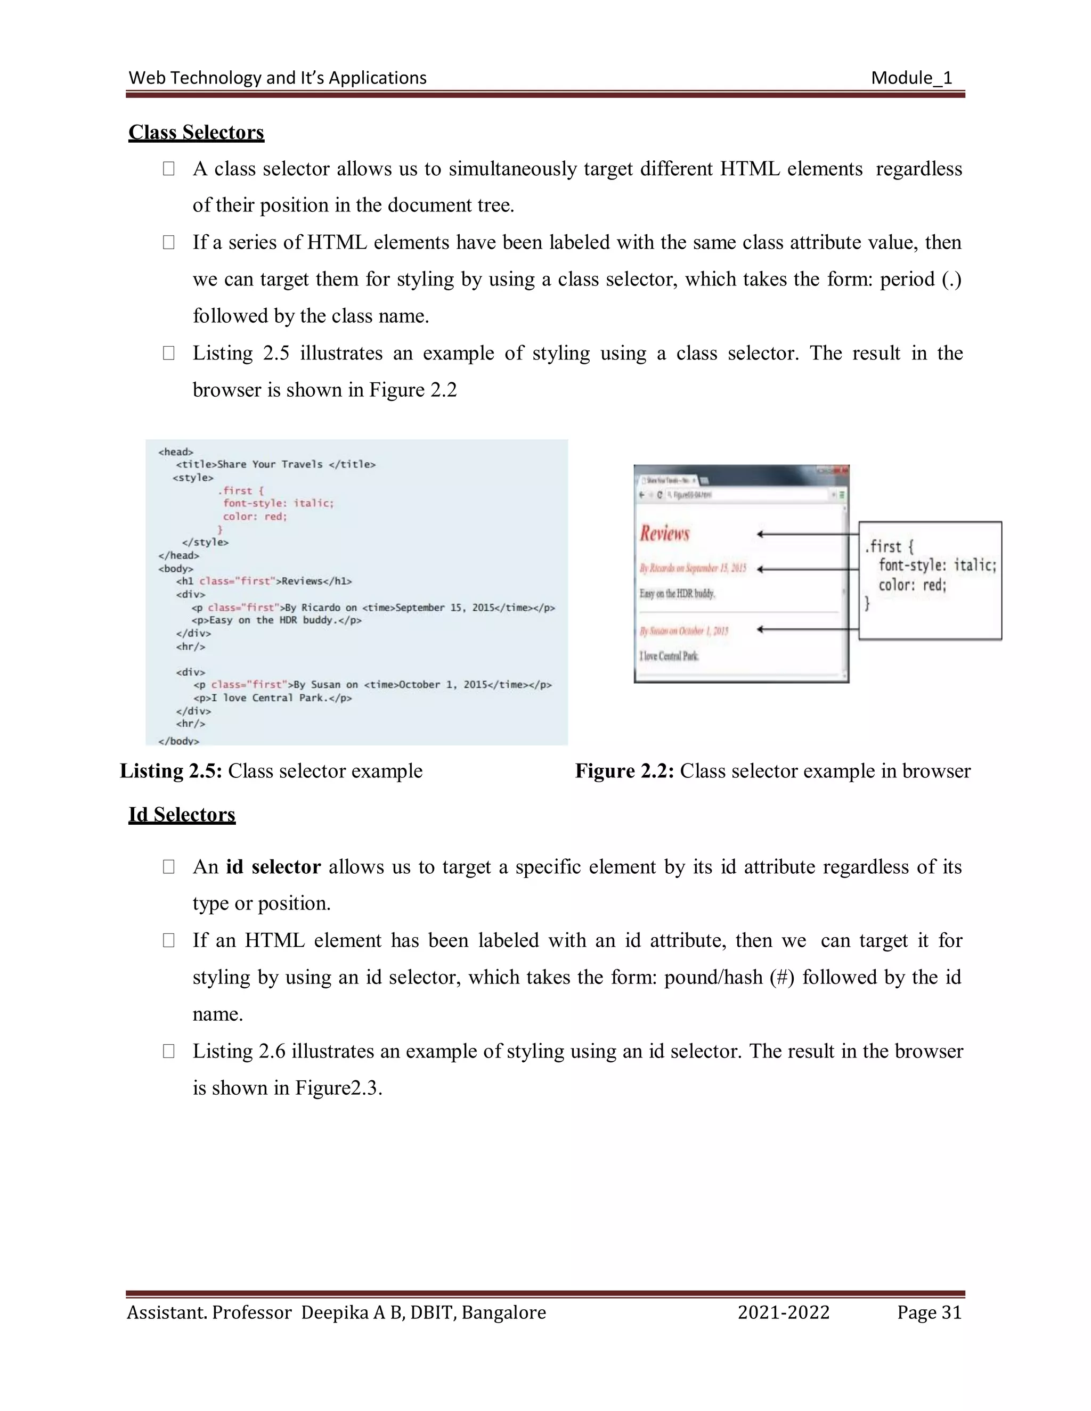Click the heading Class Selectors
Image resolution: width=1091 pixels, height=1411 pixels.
click(196, 132)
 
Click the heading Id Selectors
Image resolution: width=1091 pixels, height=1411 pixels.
click(182, 814)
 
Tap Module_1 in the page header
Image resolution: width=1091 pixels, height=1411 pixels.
click(911, 78)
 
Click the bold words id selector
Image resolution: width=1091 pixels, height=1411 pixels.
click(273, 866)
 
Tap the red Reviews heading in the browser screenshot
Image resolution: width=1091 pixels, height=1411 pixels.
click(664, 534)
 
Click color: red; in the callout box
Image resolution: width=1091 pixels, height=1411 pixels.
click(912, 585)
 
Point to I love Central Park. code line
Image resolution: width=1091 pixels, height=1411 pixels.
click(272, 698)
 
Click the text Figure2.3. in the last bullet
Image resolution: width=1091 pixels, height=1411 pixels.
click(339, 1088)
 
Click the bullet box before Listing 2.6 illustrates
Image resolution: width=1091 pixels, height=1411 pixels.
click(169, 1051)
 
